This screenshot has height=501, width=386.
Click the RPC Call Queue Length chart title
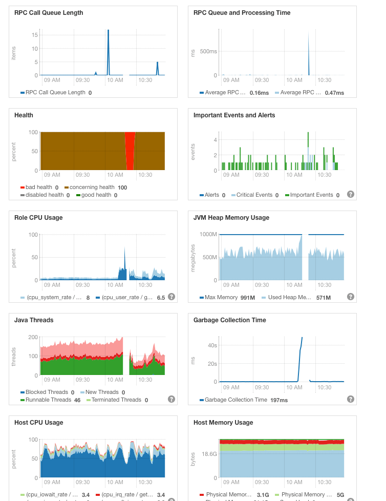tap(49, 13)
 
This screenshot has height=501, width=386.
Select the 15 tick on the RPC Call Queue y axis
tap(35, 35)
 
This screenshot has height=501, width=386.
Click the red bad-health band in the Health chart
tap(130, 151)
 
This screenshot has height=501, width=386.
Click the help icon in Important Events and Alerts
tap(351, 194)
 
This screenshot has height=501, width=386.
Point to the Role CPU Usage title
tap(38, 218)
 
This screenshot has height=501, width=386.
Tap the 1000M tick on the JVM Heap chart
tap(208, 234)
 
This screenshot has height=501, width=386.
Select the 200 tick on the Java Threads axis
tap(33, 337)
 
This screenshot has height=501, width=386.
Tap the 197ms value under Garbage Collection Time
tap(280, 400)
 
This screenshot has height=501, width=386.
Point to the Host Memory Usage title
tap(223, 423)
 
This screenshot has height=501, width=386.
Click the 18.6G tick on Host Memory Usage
tap(209, 454)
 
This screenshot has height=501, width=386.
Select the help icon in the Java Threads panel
tap(171, 399)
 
